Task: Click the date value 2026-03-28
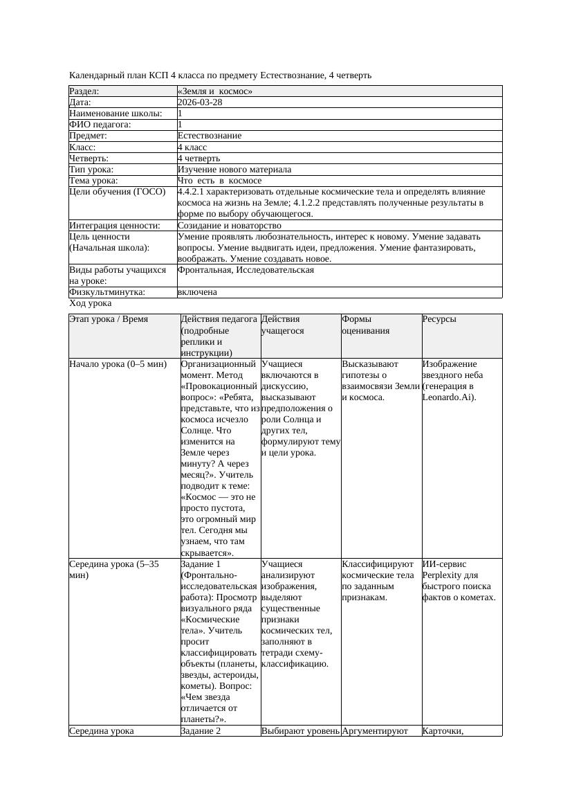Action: (x=200, y=102)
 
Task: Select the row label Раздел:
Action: (x=84, y=91)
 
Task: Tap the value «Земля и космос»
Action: (x=215, y=91)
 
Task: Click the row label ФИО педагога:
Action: (x=101, y=125)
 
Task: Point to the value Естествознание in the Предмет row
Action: (x=210, y=136)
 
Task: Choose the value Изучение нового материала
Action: (x=234, y=170)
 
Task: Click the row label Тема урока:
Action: (x=93, y=181)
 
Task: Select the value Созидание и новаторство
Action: (x=230, y=226)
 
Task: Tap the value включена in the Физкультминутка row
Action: (x=197, y=292)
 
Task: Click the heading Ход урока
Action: (x=91, y=303)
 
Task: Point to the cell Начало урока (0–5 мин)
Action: (x=118, y=364)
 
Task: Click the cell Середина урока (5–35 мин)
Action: (x=115, y=570)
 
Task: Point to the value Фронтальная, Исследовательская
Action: (x=246, y=270)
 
